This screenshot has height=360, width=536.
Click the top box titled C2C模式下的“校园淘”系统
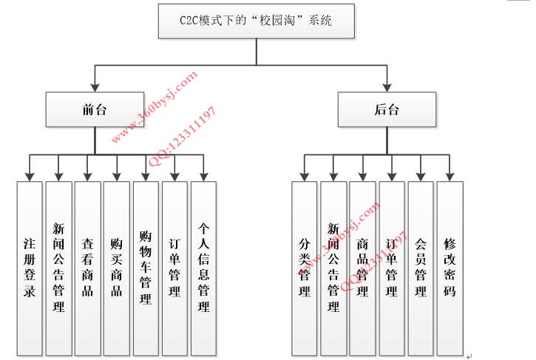click(257, 21)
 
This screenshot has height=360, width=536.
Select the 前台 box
click(95, 109)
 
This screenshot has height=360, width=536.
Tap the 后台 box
click(386, 109)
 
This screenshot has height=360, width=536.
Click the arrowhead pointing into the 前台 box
click(95, 87)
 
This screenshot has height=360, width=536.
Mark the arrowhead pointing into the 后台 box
click(386, 87)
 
